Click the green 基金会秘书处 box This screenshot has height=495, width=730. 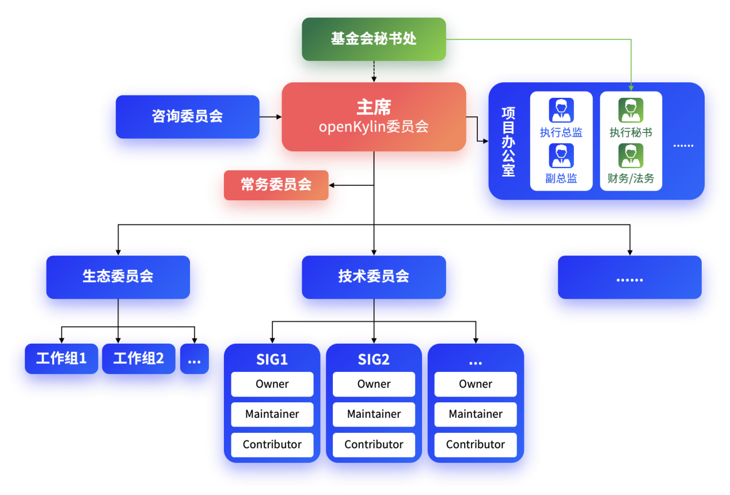374,39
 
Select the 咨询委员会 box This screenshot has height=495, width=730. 187,116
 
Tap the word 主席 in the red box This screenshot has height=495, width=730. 374,107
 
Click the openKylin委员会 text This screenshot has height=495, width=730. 374,127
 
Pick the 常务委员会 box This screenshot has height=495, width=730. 276,185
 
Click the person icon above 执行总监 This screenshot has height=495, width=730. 561,110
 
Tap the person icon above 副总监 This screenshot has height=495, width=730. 561,155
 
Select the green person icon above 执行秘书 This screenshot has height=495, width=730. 630,110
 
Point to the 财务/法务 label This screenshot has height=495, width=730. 631,178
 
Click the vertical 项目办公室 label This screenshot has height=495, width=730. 508,141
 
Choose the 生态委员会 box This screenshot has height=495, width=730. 118,276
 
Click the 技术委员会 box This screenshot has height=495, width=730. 374,276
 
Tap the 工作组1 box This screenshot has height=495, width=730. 61,359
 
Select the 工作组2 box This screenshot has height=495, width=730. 138,359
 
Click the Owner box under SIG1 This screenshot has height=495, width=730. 272,384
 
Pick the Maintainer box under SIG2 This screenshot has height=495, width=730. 374,414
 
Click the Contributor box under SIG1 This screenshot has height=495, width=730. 272,444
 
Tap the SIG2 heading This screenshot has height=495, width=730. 374,360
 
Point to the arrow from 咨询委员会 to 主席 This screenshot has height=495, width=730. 271,117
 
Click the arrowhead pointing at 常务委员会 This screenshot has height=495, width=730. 332,185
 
